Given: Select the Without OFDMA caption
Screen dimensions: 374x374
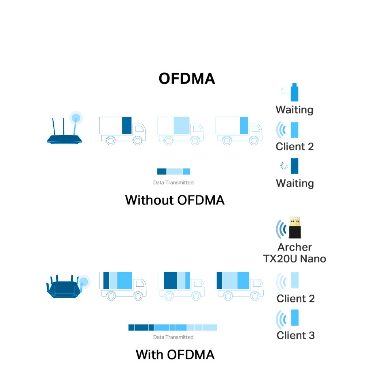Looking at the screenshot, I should [175, 200].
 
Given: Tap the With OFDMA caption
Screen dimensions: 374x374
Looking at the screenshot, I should [175, 354].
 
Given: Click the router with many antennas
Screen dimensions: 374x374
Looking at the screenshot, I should [64, 287].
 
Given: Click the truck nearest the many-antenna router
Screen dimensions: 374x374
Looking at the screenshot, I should [123, 286].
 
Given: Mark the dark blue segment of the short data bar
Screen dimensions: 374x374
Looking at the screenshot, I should [161, 171].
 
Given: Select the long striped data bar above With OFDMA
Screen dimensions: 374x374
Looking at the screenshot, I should [172, 328].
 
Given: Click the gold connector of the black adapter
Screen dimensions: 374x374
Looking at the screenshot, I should [295, 221].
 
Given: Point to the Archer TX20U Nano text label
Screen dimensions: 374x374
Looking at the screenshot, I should [294, 253].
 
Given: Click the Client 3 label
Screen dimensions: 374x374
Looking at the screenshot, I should [295, 335].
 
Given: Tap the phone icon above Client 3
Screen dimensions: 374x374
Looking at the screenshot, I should [295, 318].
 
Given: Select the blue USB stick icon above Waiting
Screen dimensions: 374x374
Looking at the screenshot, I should [294, 92].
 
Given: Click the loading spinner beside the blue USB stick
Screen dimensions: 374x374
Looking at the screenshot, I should [284, 91].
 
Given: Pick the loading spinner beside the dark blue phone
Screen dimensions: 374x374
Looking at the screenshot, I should [284, 166].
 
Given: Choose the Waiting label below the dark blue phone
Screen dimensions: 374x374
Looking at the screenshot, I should [294, 183].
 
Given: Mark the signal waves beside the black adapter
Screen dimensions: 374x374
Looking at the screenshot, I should [281, 229].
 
